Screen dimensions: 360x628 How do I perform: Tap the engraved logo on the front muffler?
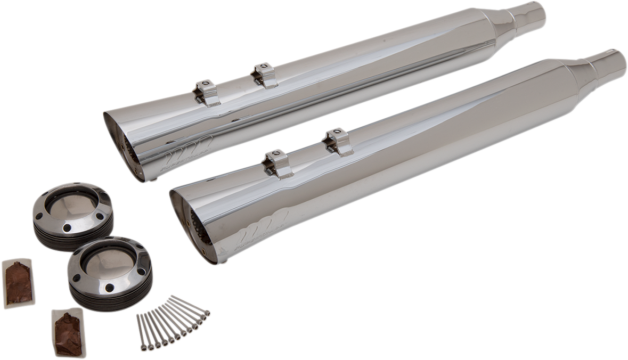(x=261, y=223)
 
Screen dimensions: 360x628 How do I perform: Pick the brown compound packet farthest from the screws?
(x=19, y=283)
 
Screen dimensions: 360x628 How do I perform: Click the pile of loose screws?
(x=172, y=323)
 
